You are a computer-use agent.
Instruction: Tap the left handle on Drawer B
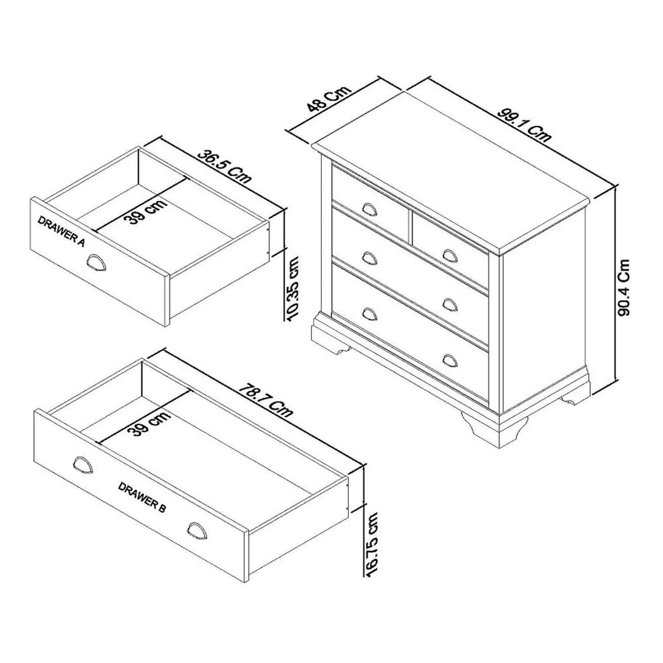[x=83, y=466]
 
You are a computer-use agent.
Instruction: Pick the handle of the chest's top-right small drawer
[x=450, y=255]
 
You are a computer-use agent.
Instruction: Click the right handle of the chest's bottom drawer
[x=450, y=360]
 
